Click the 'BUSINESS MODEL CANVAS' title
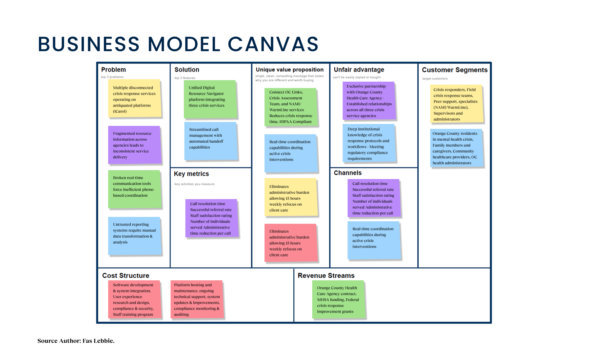pyautogui.click(x=178, y=44)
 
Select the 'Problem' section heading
pyautogui.click(x=113, y=70)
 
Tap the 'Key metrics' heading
pyautogui.click(x=191, y=174)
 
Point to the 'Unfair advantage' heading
pyautogui.click(x=359, y=70)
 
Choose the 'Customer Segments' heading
pyautogui.click(x=454, y=70)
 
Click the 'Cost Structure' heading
pyautogui.click(x=126, y=275)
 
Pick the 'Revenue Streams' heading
pyautogui.click(x=326, y=275)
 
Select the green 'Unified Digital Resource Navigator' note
pyautogui.click(x=210, y=99)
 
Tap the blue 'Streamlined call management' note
pyautogui.click(x=210, y=141)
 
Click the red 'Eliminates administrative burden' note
pyautogui.click(x=290, y=243)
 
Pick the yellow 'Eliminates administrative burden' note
pyautogui.click(x=290, y=197)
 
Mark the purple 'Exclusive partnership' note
pyautogui.click(x=369, y=101)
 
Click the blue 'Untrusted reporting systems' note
pyautogui.click(x=134, y=236)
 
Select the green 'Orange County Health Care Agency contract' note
pyautogui.click(x=338, y=299)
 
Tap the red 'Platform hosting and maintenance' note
pyautogui.click(x=197, y=299)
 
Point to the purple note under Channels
pyautogui.click(x=373, y=198)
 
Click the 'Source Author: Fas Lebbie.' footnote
pyautogui.click(x=76, y=341)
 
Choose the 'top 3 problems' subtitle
pyautogui.click(x=112, y=77)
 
